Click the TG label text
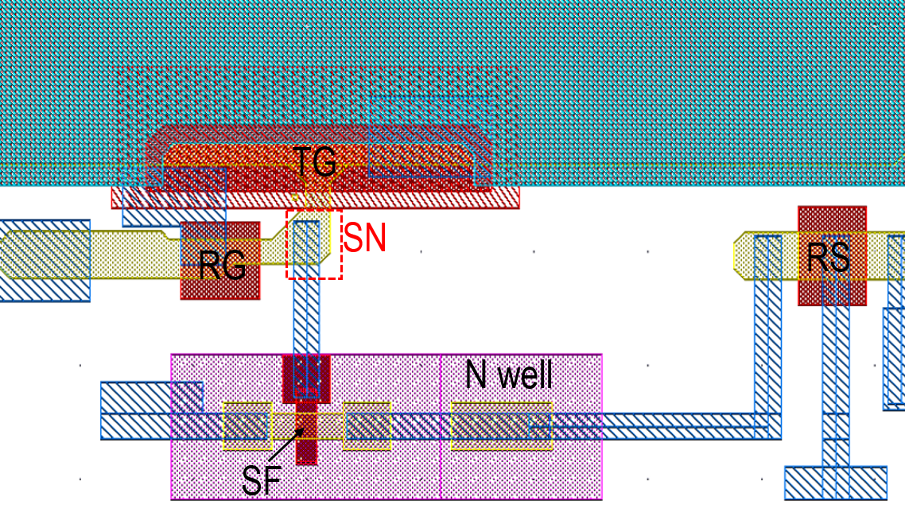(x=315, y=161)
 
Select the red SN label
(x=365, y=238)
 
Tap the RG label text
(x=222, y=266)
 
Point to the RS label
(x=829, y=257)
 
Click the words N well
(x=508, y=374)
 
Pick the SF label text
(x=262, y=480)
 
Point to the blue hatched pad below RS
(x=835, y=483)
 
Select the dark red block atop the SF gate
(x=306, y=378)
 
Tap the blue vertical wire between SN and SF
(x=306, y=318)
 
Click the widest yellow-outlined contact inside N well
(x=501, y=425)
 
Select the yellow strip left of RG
(x=87, y=254)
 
